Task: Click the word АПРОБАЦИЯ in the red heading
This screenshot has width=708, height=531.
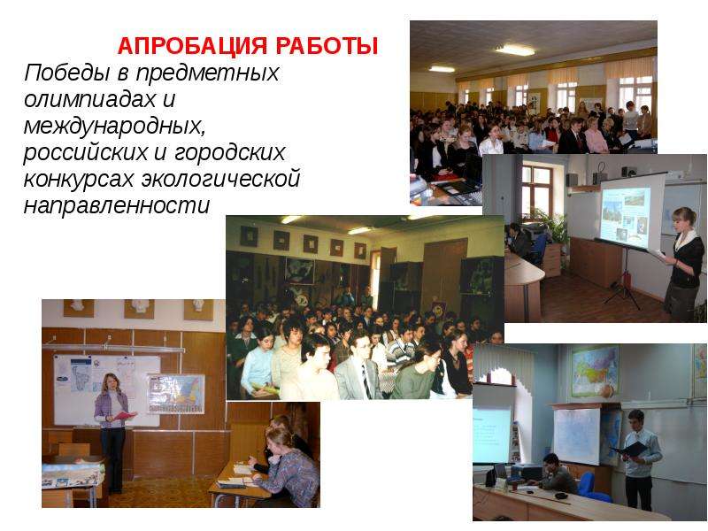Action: coord(193,46)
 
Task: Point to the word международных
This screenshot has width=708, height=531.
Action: coord(115,126)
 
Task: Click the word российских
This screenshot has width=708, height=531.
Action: coord(86,152)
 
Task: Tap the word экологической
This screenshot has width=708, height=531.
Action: coord(220,179)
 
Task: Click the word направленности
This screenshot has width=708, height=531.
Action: coord(117,205)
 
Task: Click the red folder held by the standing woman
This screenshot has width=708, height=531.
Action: coord(125,415)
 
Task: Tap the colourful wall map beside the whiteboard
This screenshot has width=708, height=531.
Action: coord(176,394)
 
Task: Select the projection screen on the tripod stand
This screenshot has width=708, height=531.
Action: coord(631,212)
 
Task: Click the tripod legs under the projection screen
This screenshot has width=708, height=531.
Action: coord(624,285)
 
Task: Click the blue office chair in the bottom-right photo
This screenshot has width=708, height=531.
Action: coord(589,487)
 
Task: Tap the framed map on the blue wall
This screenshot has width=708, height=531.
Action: coord(595,372)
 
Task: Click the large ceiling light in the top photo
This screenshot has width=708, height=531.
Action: coord(516,50)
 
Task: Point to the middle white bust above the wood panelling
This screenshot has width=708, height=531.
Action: coord(141,307)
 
